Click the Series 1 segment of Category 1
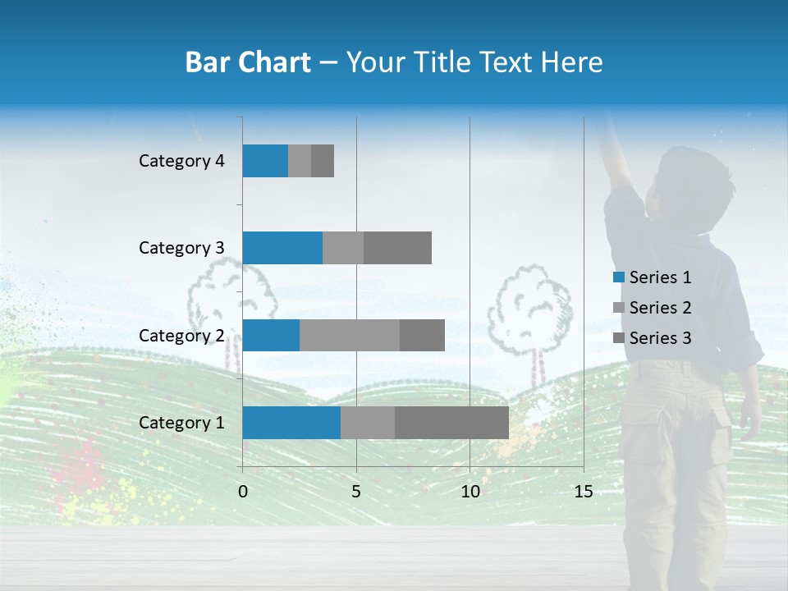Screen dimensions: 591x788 point(291,423)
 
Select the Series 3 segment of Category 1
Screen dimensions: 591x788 point(451,423)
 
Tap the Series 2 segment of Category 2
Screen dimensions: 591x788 point(350,335)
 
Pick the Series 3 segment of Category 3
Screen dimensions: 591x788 point(397,248)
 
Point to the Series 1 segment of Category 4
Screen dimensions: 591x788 point(265,161)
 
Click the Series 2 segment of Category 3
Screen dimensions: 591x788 point(343,248)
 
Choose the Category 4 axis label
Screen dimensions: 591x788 point(181,161)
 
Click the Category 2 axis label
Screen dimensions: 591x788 point(181,335)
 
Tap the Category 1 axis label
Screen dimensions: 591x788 point(181,423)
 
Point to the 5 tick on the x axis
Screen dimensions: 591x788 point(356,492)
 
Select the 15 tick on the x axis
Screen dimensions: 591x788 point(583,492)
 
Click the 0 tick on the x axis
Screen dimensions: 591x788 point(243,492)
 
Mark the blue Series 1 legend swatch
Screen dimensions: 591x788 point(618,277)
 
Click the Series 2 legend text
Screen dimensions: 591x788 point(660,308)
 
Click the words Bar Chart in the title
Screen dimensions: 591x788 point(248,62)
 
